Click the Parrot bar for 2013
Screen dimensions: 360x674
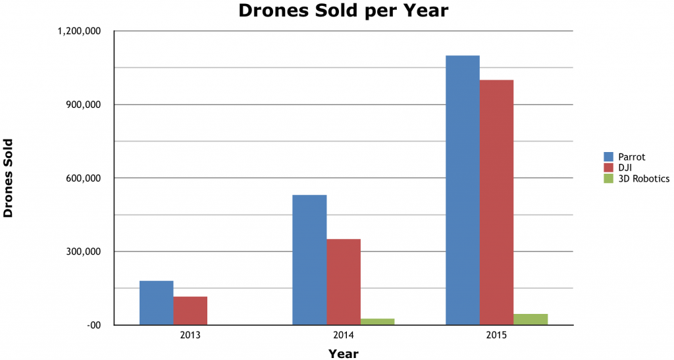click(157, 303)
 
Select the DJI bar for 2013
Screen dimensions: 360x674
click(191, 311)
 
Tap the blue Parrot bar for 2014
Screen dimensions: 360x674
click(309, 260)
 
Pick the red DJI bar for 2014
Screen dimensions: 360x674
click(344, 282)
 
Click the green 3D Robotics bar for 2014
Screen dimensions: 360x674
click(377, 322)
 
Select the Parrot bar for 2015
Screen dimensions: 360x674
click(463, 190)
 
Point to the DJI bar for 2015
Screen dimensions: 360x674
click(497, 202)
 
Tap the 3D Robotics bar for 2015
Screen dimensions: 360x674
click(531, 319)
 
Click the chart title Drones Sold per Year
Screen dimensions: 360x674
click(343, 11)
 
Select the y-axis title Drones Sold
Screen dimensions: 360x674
click(9, 178)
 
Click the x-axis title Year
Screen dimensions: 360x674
click(344, 354)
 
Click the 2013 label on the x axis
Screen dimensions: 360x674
click(191, 335)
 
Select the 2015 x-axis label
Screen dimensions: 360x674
click(497, 335)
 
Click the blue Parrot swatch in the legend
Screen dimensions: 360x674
click(609, 157)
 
